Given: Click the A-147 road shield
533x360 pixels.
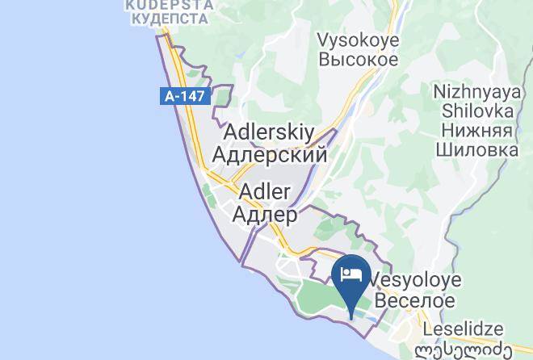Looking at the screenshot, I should tap(185, 96).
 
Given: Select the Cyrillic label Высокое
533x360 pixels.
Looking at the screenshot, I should tap(357, 60).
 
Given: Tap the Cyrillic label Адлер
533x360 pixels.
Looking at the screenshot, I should tap(264, 215).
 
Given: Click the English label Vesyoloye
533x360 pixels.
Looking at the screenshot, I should tap(415, 280).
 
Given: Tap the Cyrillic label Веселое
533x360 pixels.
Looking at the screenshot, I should tap(412, 300).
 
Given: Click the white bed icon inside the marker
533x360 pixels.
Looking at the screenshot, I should tap(352, 274).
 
